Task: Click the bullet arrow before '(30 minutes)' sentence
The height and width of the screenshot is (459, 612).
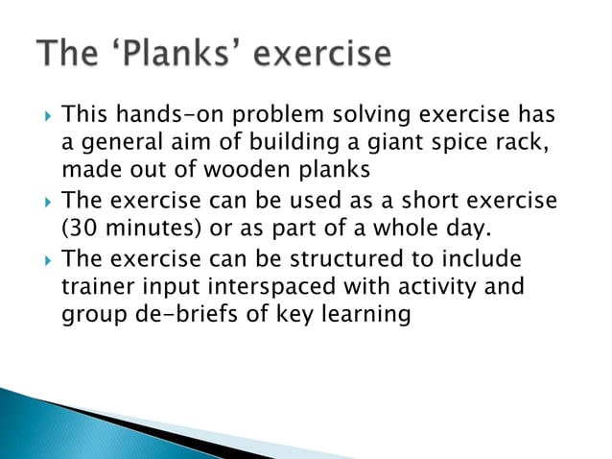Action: [x=43, y=204]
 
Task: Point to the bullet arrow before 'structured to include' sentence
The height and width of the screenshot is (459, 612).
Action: [x=43, y=261]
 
